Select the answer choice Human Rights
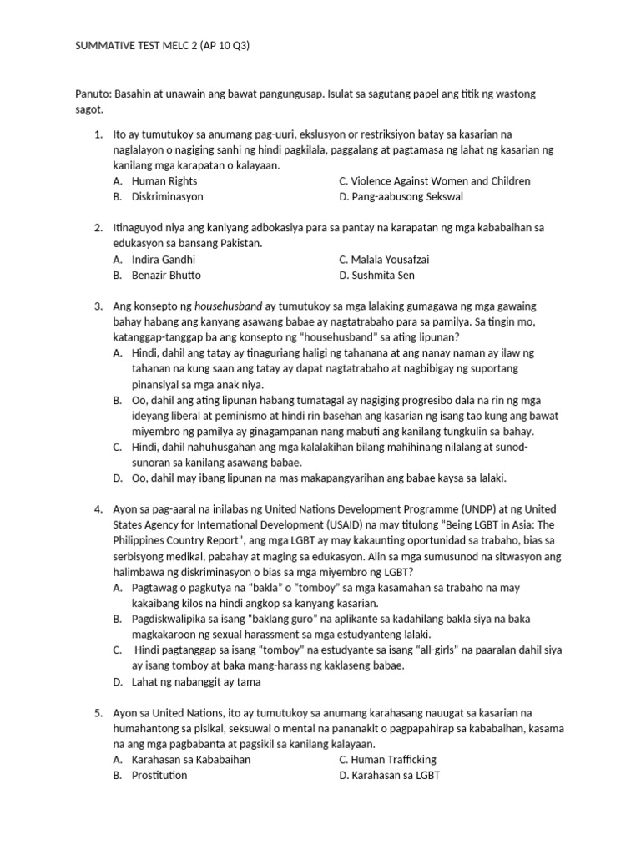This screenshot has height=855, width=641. (x=164, y=181)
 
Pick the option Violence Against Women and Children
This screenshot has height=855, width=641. (x=435, y=181)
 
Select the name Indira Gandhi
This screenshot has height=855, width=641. (x=163, y=260)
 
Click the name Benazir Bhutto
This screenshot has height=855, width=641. (x=166, y=276)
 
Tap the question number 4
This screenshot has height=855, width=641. (x=98, y=508)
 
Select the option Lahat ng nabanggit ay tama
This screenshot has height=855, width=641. (x=196, y=681)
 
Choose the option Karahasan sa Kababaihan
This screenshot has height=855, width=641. (x=191, y=760)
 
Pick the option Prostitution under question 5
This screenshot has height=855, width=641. (x=159, y=776)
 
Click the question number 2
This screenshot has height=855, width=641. (x=98, y=228)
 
